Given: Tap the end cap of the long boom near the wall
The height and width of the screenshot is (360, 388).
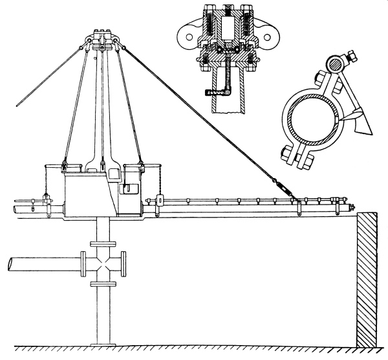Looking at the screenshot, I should click(351, 207).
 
